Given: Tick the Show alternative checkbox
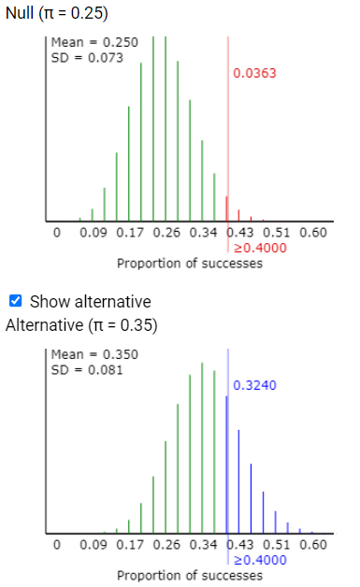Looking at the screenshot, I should (15, 302).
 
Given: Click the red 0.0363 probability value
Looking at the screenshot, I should (254, 73).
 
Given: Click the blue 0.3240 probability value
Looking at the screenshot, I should (254, 385).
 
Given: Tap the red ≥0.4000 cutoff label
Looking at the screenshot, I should (259, 248).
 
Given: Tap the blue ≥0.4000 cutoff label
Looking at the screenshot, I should (259, 559).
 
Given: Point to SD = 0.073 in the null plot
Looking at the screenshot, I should (78, 57).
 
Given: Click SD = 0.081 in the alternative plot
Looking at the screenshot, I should (78, 368).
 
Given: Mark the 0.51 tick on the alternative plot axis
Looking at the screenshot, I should (279, 544).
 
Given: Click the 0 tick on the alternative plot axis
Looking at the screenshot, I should (56, 544).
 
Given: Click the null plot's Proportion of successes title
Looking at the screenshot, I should (190, 264).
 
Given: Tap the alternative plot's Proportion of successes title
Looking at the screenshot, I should (190, 575).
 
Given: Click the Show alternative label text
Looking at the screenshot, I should (90, 302).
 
